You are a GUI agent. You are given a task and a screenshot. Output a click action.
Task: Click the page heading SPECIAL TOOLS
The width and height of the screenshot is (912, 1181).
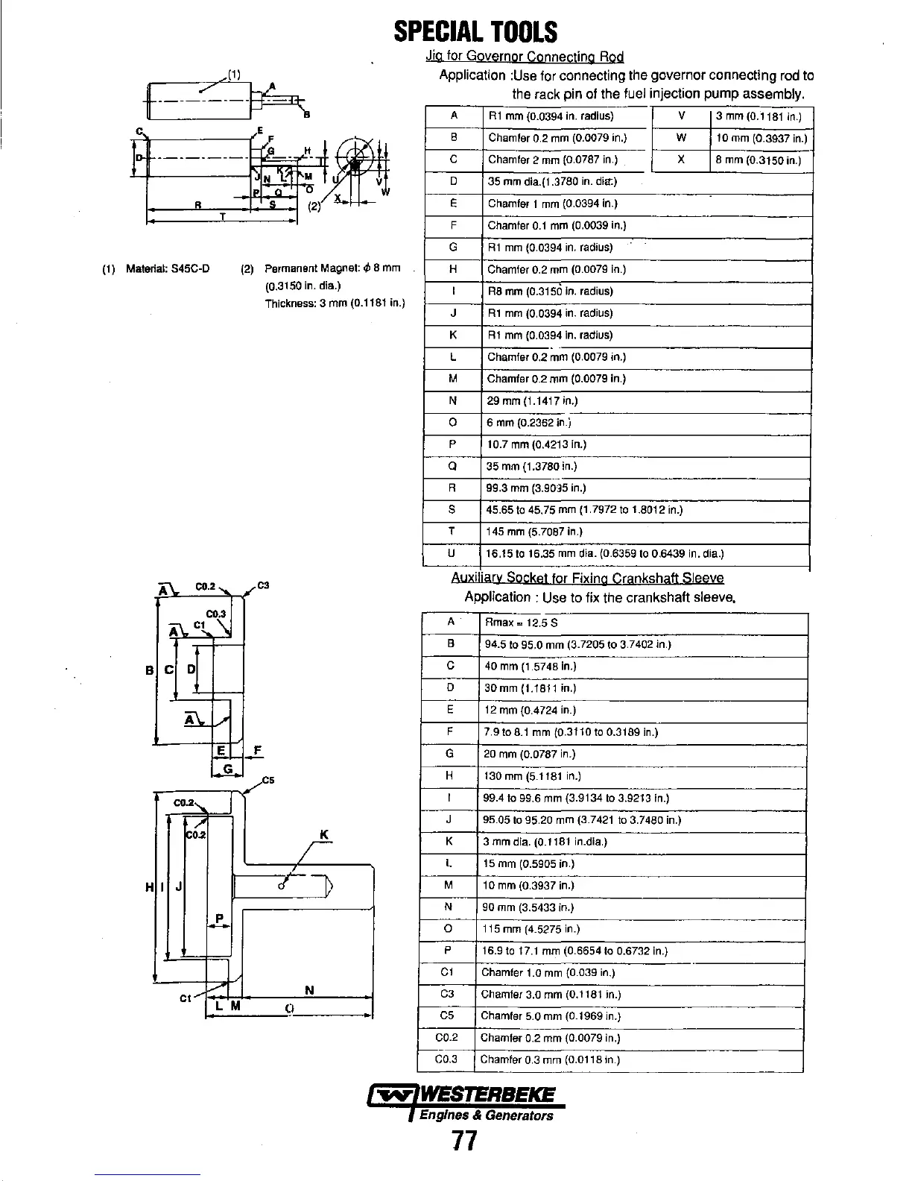[x=475, y=32]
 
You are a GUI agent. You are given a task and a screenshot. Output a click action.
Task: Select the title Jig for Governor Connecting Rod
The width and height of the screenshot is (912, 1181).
[x=524, y=57]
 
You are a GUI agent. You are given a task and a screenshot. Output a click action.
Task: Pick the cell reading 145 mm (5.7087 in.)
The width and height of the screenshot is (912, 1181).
[x=533, y=532]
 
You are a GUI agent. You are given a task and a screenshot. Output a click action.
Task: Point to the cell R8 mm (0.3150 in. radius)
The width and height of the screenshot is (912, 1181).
[x=550, y=292]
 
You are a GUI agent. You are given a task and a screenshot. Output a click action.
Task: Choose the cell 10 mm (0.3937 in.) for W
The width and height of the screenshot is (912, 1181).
[x=761, y=138]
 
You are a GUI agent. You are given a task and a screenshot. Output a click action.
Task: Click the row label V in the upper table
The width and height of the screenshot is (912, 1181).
[x=681, y=116]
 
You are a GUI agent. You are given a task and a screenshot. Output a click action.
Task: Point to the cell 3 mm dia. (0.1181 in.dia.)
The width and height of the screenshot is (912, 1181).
[x=545, y=842]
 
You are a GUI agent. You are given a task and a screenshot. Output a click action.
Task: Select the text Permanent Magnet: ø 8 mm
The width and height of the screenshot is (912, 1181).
[x=332, y=268]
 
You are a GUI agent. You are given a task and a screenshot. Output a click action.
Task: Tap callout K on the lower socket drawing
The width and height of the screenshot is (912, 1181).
[x=323, y=834]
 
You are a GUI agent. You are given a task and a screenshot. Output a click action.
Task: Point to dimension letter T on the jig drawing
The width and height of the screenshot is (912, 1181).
[x=221, y=215]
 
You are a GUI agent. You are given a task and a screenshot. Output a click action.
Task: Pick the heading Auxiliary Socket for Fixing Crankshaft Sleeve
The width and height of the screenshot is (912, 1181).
[x=587, y=579]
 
